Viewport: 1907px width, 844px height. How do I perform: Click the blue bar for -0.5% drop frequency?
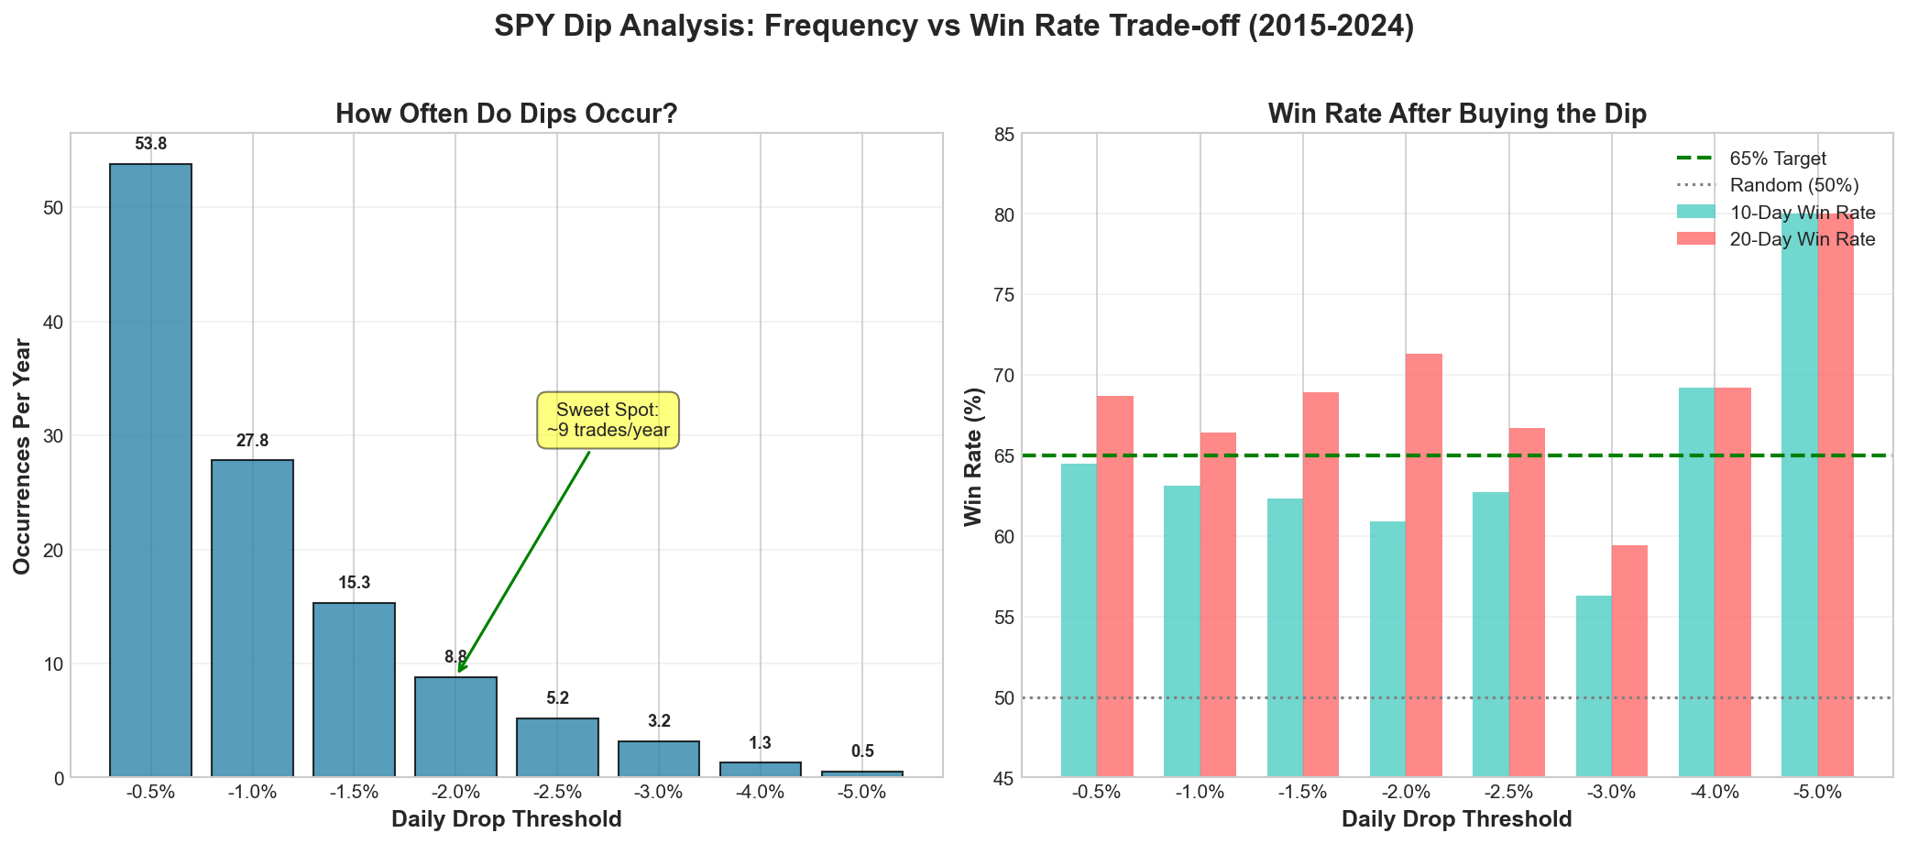(x=150, y=470)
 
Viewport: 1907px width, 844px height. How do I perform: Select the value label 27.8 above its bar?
(x=252, y=441)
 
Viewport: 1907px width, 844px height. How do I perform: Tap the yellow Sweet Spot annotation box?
(x=608, y=421)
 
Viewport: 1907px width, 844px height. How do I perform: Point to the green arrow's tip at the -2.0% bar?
(x=459, y=672)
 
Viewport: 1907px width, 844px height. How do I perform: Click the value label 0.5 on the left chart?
(x=862, y=751)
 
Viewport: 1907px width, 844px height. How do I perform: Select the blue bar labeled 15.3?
(x=354, y=689)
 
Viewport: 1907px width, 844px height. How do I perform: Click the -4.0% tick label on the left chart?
(x=760, y=793)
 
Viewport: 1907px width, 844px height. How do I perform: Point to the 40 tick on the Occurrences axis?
(x=53, y=323)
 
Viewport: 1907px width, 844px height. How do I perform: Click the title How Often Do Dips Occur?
(x=506, y=114)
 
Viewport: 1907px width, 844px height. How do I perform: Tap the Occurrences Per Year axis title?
(x=22, y=456)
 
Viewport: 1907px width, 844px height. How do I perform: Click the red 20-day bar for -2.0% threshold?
(x=1424, y=565)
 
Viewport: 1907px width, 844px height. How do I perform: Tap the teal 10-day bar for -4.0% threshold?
(x=1696, y=582)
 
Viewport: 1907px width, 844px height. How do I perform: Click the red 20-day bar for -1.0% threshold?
(x=1218, y=605)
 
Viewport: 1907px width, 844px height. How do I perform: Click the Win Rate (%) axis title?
(x=973, y=456)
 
